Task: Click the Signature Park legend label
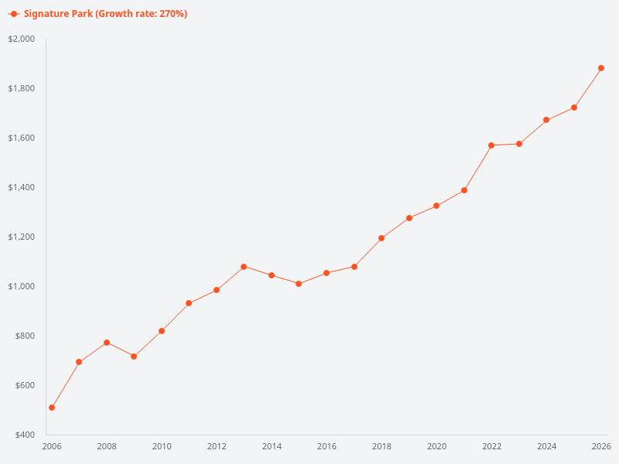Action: [x=105, y=14]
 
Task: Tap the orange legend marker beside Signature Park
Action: [x=14, y=14]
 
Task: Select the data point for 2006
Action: [x=52, y=408]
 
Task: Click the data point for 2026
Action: [x=601, y=68]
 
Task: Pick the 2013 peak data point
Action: [x=244, y=267]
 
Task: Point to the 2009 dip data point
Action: [x=134, y=357]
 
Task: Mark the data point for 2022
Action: [x=491, y=145]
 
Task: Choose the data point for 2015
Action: [x=299, y=284]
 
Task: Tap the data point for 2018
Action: [x=381, y=238]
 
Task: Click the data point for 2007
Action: [x=79, y=362]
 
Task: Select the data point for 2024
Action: [x=546, y=120]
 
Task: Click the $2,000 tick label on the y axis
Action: [x=22, y=39]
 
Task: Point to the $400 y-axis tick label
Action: [x=24, y=435]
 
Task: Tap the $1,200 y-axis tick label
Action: [x=22, y=237]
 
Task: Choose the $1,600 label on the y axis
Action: [x=22, y=138]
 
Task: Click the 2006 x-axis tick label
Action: [x=52, y=446]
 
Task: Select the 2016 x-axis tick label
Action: [x=327, y=446]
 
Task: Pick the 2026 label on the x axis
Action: [x=601, y=446]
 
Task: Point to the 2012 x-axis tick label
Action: [x=217, y=446]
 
